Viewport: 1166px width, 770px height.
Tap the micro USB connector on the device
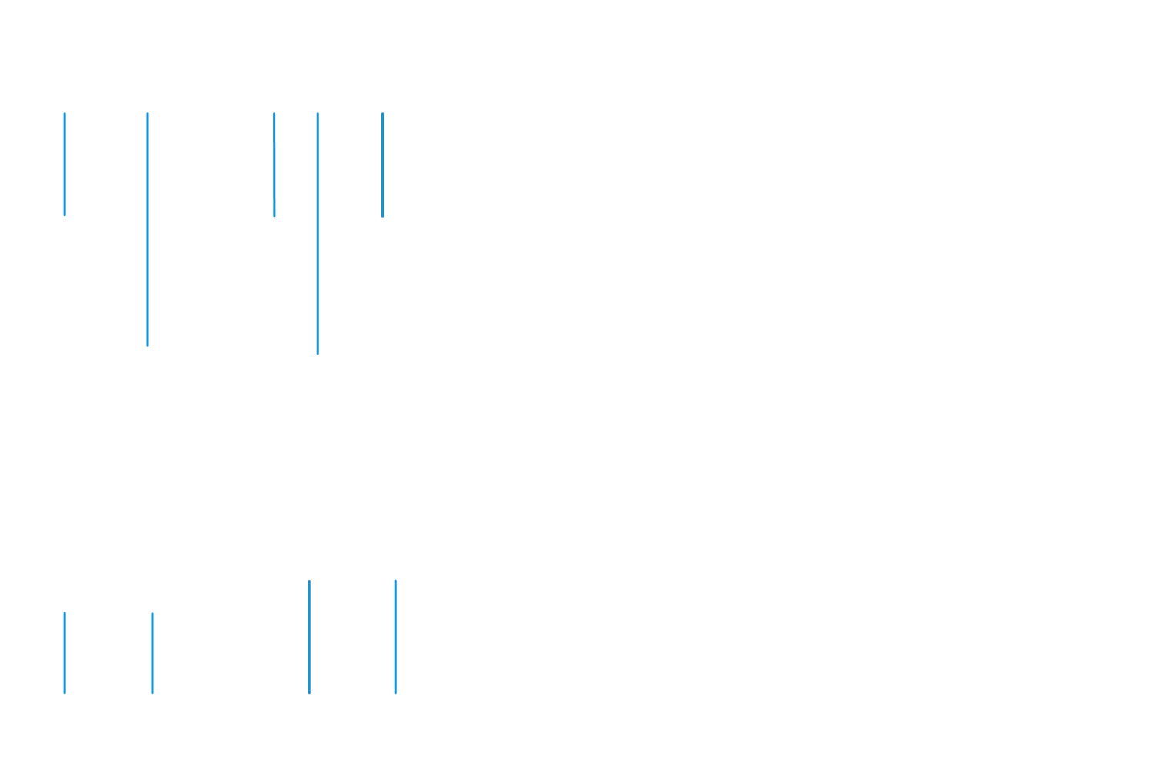(273, 222)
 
